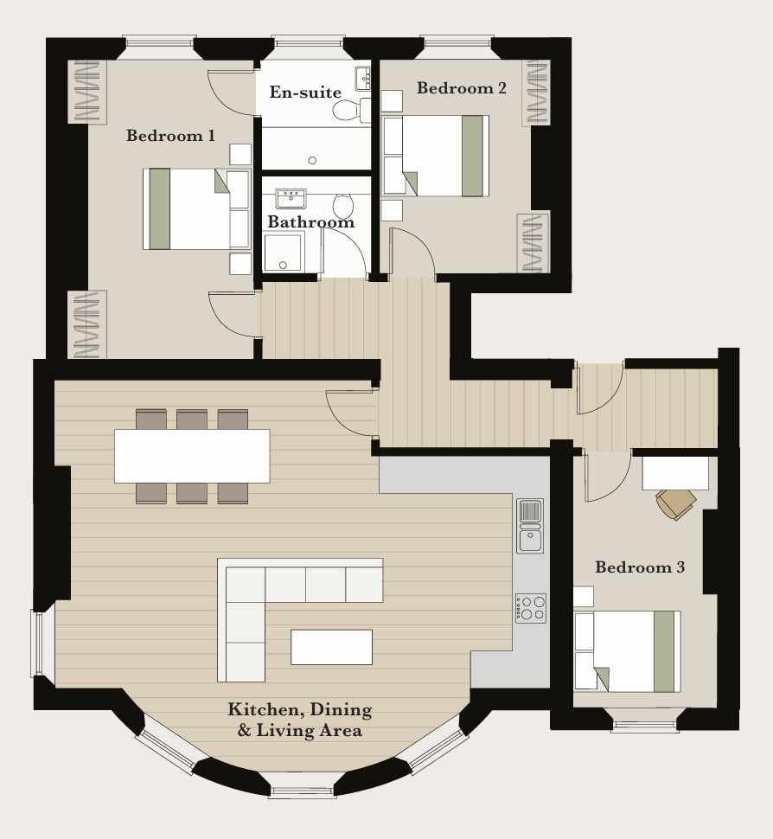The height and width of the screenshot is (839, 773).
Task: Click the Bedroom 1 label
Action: [170, 136]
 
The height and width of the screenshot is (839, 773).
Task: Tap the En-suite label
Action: [305, 92]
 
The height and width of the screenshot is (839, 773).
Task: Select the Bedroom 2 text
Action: [461, 87]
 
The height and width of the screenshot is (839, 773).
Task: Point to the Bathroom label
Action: [310, 221]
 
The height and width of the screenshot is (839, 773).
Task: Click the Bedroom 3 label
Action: [640, 567]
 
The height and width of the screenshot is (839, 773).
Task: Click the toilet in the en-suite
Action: [351, 111]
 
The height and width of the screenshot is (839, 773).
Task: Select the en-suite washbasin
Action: [362, 80]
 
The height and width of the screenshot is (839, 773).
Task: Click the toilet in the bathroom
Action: [343, 206]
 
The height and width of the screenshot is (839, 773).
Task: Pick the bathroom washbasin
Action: [291, 199]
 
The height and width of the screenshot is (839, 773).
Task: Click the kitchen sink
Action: [530, 526]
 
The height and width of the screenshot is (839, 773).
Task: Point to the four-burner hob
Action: [531, 608]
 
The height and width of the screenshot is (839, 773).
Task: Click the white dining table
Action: [192, 456]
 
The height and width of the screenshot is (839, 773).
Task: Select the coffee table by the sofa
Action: [332, 647]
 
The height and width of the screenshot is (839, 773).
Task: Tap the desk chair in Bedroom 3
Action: [676, 504]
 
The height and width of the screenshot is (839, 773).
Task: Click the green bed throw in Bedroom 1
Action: [159, 209]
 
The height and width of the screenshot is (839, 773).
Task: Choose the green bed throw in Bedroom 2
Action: [472, 156]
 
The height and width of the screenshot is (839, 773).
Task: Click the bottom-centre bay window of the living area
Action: [303, 792]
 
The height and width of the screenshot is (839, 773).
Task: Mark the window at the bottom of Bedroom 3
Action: [645, 726]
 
